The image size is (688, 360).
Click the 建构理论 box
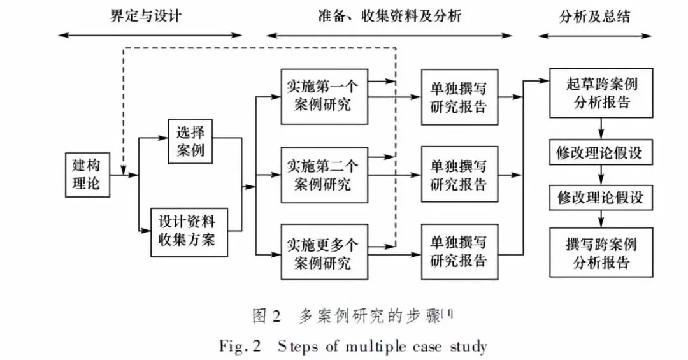86,175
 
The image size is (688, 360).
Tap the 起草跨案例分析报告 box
601,93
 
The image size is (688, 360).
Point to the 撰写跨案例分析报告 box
601,253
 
